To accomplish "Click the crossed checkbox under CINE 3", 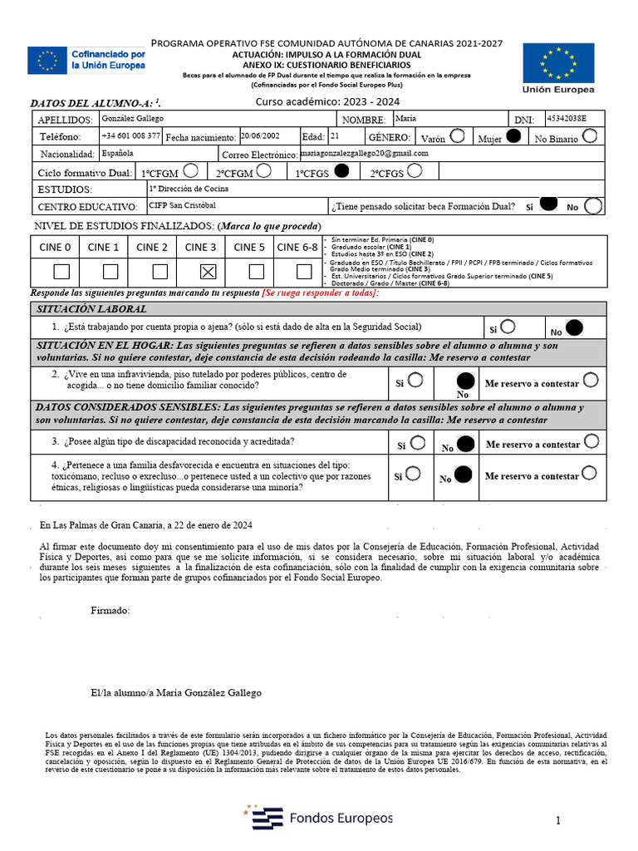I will [208, 272].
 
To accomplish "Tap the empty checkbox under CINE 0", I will [61, 272].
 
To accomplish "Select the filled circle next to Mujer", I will [513, 136].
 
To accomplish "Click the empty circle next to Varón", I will [457, 135].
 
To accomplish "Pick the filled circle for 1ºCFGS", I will [340, 171].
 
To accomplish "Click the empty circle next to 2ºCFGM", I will [264, 170].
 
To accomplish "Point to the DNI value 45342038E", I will [567, 119].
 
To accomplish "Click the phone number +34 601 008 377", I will [130, 135].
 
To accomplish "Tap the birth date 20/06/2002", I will [260, 135].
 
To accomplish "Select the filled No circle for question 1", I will [574, 327].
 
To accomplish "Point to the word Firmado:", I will [110, 611].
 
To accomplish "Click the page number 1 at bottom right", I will [559, 821].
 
